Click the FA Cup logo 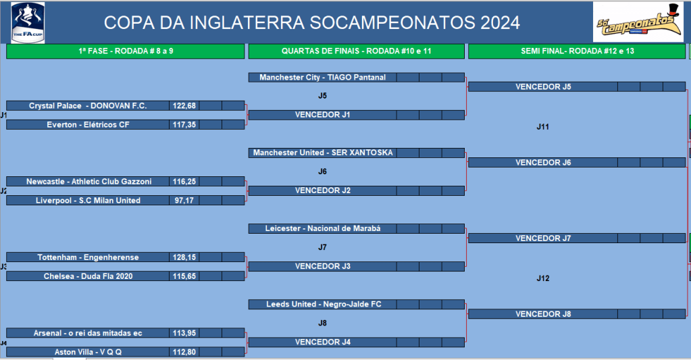coord(28,22)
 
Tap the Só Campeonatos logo coord(638,22)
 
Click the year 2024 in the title coord(501,23)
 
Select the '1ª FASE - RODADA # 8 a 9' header coord(126,51)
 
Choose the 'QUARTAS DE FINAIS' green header coord(356,51)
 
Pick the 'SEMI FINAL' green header coord(577,51)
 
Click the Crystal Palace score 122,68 coord(184,106)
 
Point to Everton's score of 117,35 coord(184,125)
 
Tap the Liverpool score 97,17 coord(184,201)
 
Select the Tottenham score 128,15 coord(184,257)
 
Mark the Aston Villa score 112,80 coord(184,352)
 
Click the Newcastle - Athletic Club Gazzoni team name coord(88,182)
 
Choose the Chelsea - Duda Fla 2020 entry coord(88,276)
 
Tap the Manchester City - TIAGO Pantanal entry coord(323,78)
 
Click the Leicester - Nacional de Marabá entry coord(323,229)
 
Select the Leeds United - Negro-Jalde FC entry coord(324,305)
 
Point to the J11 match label coord(543,127)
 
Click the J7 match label coord(323,248)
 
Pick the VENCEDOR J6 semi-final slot coord(543,163)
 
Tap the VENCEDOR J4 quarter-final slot coord(323,342)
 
